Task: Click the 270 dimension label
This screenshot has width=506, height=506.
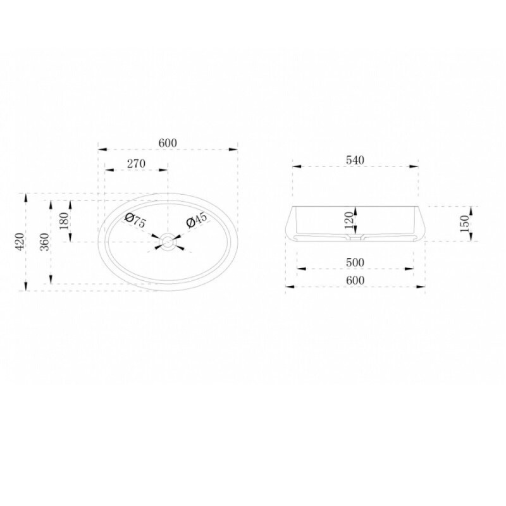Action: pyautogui.click(x=136, y=164)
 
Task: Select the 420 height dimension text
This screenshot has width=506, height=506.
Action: pyautogui.click(x=20, y=242)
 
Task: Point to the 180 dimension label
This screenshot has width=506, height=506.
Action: pyautogui.click(x=65, y=221)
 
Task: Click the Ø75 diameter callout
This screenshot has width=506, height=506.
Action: pyautogui.click(x=135, y=220)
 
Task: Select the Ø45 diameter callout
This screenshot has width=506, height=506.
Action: pyautogui.click(x=197, y=220)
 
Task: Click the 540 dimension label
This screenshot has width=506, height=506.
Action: pyautogui.click(x=355, y=160)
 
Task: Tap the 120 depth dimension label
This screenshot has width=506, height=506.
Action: pyautogui.click(x=349, y=220)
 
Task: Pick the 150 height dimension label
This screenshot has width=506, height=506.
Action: pyautogui.click(x=464, y=223)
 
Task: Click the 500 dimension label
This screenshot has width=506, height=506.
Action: pyautogui.click(x=355, y=262)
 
